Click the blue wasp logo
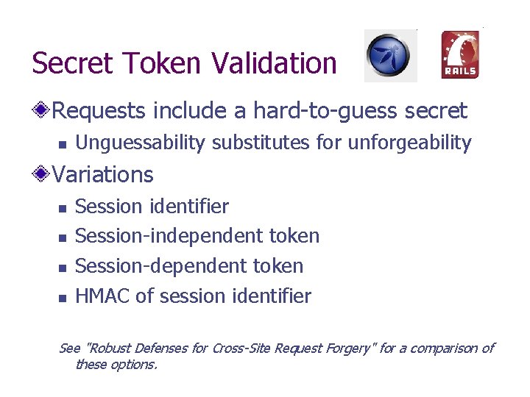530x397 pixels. click(390, 55)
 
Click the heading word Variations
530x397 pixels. click(103, 175)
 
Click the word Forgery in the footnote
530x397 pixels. click(349, 348)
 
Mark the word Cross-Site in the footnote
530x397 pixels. click(241, 348)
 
